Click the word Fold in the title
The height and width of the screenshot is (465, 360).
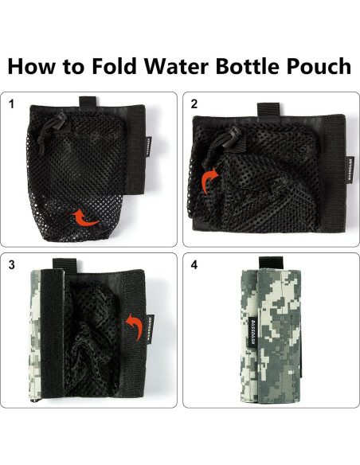coord(115,65)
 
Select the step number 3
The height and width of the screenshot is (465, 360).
coord(10,265)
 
